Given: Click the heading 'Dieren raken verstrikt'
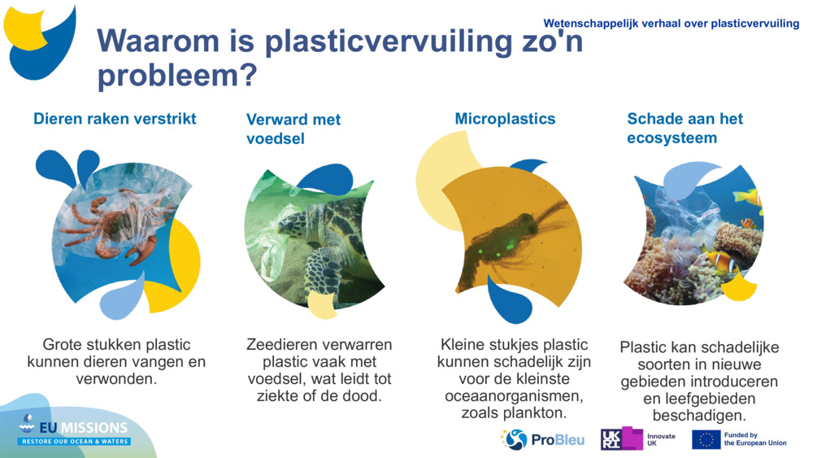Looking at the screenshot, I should point(115,119).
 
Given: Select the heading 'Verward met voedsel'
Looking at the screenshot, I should point(293,129).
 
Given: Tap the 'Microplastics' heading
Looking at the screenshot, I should point(505,119).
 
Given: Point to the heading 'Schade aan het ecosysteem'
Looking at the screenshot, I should point(685,129).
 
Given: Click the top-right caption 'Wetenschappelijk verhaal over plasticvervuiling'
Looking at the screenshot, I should point(671,24).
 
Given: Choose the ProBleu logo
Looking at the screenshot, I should point(543,440).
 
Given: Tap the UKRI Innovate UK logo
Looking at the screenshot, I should point(638,439).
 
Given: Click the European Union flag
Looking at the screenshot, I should point(706,440).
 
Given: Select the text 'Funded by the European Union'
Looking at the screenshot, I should point(754,439).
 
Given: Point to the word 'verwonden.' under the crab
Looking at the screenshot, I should point(115,379).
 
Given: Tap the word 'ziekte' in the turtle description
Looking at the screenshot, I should point(272,396).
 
